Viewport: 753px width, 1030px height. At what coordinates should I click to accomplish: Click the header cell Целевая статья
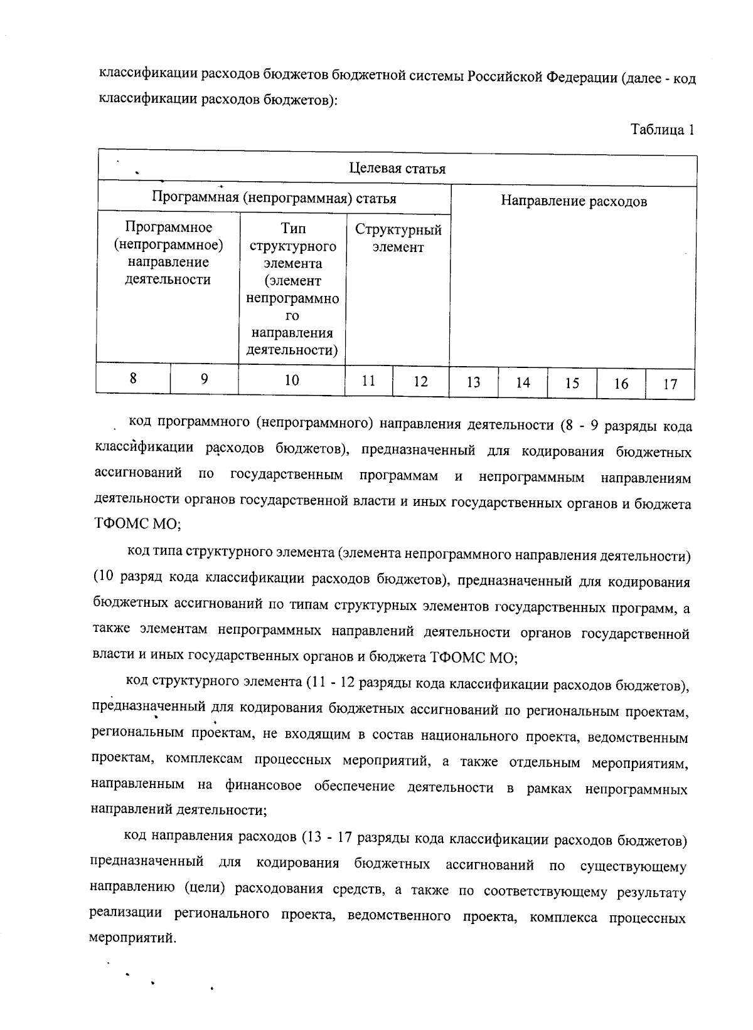click(397, 168)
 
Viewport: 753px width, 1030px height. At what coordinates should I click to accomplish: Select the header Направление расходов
click(573, 201)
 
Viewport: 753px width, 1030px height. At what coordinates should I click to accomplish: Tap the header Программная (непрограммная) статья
click(274, 198)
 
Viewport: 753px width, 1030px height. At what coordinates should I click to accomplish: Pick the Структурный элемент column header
click(398, 238)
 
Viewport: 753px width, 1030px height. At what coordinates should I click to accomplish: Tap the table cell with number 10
click(292, 380)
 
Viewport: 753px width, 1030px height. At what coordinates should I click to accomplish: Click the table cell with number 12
click(420, 381)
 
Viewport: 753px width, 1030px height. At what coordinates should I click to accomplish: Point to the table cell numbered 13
click(473, 382)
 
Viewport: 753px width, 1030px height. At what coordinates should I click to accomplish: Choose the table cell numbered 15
click(572, 383)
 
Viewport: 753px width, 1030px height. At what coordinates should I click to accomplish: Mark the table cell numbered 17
click(670, 384)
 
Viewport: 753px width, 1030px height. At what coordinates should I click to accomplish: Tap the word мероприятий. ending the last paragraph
click(132, 938)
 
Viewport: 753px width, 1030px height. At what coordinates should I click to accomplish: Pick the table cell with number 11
click(368, 381)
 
